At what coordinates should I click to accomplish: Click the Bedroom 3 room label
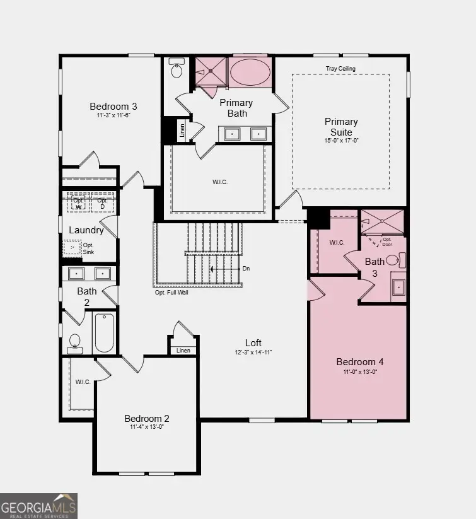point(113,106)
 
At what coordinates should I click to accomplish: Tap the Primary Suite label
point(341,127)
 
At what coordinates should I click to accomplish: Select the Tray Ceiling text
point(341,68)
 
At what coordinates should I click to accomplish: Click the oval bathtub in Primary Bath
point(250,73)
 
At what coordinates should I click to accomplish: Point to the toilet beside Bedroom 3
point(176,69)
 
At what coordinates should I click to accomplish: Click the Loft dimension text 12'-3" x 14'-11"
point(253,352)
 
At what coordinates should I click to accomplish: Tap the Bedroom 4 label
point(360,362)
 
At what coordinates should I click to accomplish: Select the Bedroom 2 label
point(147,419)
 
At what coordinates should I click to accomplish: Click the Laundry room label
point(86,230)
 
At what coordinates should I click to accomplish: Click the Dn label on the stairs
point(247,269)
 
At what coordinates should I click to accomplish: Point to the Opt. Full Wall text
point(172,292)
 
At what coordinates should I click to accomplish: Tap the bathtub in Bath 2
point(104,333)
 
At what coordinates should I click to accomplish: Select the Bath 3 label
point(374,267)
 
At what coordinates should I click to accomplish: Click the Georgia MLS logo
point(38,505)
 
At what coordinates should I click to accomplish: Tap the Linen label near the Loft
point(183,351)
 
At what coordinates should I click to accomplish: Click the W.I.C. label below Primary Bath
point(219,182)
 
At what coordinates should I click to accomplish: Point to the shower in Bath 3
point(382,221)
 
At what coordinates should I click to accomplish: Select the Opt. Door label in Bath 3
point(387,241)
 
